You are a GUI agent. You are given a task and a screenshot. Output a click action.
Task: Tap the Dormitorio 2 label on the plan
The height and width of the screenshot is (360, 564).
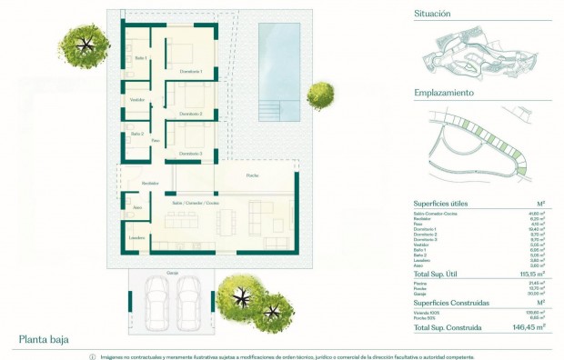coord(190,114)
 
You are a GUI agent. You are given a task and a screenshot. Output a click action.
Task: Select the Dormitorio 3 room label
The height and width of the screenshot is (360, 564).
coord(190,154)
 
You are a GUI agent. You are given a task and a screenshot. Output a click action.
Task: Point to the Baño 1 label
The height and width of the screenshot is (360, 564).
coord(141,58)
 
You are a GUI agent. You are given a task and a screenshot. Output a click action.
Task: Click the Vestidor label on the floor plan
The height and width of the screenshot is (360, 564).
coord(137,99)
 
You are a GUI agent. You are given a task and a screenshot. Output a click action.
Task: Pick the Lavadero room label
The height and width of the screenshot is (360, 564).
coord(136,238)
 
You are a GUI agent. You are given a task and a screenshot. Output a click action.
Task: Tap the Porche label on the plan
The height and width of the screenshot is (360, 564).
coord(251,175)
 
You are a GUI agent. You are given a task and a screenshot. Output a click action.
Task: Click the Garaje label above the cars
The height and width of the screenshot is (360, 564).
coord(172,272)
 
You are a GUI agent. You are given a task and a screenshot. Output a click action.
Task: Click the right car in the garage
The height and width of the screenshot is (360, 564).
coord(188,303)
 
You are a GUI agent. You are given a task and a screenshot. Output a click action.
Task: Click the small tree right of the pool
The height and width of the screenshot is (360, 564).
coord(319,94)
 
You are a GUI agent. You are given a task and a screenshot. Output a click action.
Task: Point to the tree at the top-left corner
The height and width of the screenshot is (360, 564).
coord(85,44)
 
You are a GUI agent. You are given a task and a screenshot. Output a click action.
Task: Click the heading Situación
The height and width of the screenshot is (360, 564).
coord(432,15)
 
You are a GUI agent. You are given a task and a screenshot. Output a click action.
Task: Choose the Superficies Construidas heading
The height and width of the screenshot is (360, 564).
coord(452,302)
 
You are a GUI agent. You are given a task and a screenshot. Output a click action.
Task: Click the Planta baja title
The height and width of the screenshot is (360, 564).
coord(44,340)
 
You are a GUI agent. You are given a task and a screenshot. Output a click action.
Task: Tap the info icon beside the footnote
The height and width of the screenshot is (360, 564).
coord(91,355)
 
